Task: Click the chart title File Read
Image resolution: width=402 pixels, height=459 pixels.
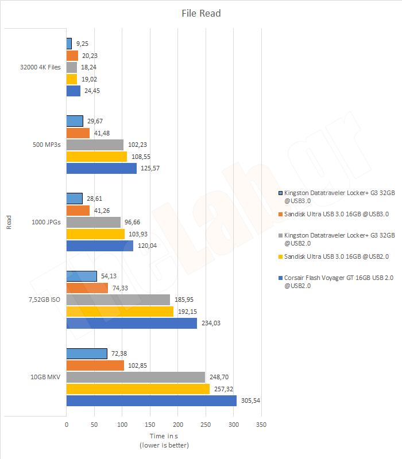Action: (x=201, y=13)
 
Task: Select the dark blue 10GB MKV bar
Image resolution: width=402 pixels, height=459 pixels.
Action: (x=151, y=400)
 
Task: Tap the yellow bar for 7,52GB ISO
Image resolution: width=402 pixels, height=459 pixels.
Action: (x=119, y=312)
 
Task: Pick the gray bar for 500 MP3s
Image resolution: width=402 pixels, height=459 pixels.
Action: (x=95, y=145)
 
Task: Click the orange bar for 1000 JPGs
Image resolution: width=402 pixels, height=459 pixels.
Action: (x=78, y=211)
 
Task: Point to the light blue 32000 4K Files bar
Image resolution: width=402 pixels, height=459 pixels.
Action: (x=69, y=44)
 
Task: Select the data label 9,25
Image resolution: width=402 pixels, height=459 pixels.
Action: (x=82, y=44)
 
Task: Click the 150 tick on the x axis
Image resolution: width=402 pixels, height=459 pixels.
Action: (x=150, y=425)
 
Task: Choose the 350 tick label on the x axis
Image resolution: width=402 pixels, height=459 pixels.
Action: (x=261, y=425)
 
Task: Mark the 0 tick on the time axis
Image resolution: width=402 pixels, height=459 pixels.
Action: (x=67, y=425)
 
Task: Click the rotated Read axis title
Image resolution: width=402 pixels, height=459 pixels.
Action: (x=9, y=222)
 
